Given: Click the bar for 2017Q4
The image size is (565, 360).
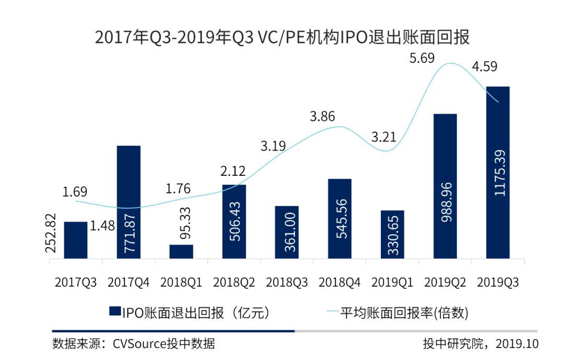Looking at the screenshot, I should pos(129,201).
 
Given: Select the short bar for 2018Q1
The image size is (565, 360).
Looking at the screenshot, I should pos(182,251).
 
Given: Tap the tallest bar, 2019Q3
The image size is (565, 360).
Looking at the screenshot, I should pos(498,172).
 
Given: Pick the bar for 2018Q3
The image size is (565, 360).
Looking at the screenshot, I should pos(287,232).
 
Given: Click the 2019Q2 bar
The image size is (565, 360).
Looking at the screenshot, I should pos(445,186).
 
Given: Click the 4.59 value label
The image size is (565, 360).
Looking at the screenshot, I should pos(484,67).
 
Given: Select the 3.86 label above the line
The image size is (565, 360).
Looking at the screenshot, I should pos(322,117).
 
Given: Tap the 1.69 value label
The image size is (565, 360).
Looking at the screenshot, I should pos(75,192).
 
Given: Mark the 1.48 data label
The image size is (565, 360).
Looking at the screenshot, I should pos(103,226).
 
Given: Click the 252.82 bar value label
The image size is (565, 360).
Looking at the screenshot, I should pos(52,233).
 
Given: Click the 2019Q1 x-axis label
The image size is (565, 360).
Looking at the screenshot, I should pos(392,282).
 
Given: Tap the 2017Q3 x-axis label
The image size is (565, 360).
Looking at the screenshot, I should pos(76,282).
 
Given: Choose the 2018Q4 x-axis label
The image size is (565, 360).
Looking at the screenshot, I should pos(340,282).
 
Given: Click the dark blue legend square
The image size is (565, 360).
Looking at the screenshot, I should pos(115,312).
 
